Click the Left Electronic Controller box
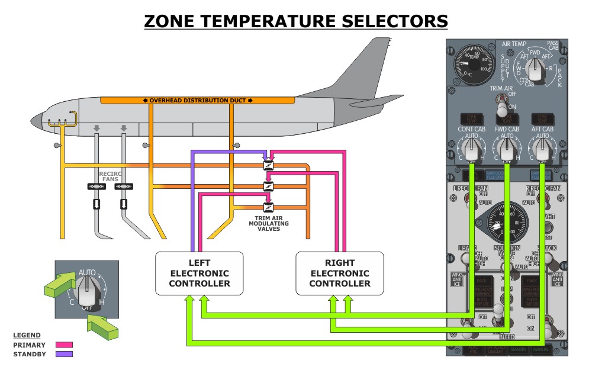[x=199, y=273]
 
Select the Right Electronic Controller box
[x=340, y=273]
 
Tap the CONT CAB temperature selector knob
[x=471, y=149]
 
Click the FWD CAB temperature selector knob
[x=507, y=149]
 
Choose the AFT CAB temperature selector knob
[x=542, y=149]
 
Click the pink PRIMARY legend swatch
[x=64, y=345]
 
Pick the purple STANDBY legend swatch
[x=64, y=354]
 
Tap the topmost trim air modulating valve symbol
[x=268, y=166]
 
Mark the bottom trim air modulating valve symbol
[x=268, y=207]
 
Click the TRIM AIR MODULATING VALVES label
[x=265, y=223]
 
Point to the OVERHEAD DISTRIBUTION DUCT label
[x=198, y=100]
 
